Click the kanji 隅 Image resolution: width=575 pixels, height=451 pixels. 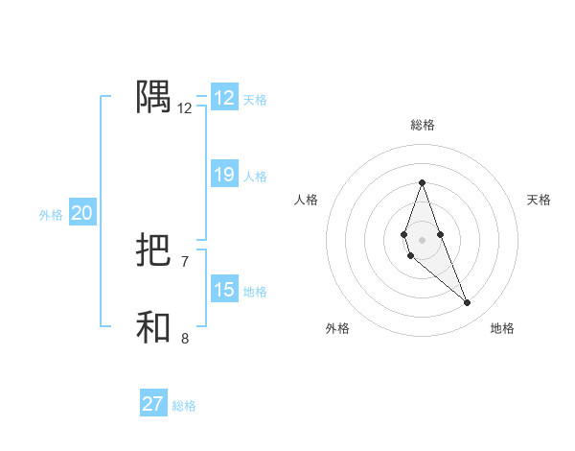(x=154, y=97)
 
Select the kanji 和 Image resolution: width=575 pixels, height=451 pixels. (x=154, y=328)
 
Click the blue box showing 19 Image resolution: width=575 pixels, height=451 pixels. (x=224, y=175)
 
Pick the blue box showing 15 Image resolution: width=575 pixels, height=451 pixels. (x=224, y=290)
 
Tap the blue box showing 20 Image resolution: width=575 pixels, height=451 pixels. (x=81, y=214)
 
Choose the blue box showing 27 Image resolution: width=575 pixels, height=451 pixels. (x=153, y=404)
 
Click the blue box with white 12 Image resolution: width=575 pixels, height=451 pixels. (x=224, y=98)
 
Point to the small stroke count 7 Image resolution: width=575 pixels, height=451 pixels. (x=185, y=261)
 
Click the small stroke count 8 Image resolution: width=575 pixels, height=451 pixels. (x=185, y=338)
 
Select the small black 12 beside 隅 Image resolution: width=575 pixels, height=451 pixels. (x=185, y=108)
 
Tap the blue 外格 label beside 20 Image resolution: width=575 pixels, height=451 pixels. (x=51, y=215)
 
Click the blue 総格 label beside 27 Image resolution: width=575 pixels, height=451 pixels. (x=184, y=406)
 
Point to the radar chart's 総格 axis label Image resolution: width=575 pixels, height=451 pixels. (x=423, y=125)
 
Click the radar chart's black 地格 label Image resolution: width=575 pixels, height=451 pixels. (x=502, y=329)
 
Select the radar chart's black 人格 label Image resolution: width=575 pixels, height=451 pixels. (x=307, y=200)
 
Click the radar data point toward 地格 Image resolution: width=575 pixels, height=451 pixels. (x=468, y=303)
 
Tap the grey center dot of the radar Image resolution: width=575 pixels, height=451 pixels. (x=422, y=239)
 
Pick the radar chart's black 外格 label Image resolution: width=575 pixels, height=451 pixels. (x=337, y=329)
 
